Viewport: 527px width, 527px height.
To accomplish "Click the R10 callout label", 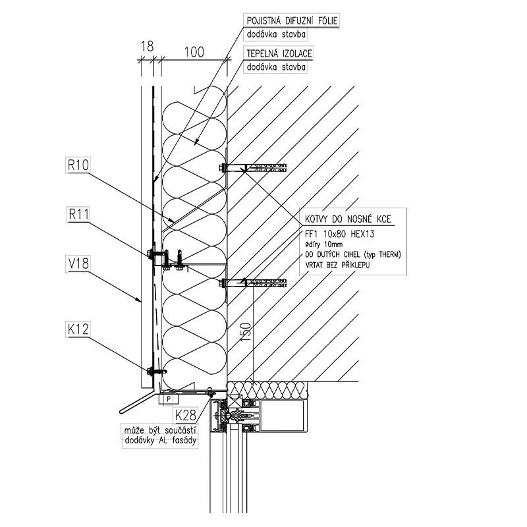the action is click(78, 165).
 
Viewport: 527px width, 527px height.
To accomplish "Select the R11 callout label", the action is click(78, 215).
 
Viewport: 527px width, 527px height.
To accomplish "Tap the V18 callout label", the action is click(78, 263).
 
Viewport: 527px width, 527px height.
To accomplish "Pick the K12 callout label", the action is click(78, 329).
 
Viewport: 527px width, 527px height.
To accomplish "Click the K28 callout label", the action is click(186, 416).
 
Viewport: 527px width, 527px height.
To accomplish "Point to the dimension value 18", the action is click(147, 46).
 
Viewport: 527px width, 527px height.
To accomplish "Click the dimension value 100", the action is click(194, 52).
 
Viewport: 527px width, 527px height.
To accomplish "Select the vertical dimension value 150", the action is click(246, 333).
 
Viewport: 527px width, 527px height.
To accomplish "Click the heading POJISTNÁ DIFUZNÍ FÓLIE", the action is click(292, 21).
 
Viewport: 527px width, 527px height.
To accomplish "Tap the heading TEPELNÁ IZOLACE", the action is click(279, 54).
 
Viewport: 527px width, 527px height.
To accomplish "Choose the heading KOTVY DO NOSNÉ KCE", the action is click(348, 219).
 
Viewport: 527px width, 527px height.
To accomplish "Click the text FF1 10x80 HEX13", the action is click(339, 234).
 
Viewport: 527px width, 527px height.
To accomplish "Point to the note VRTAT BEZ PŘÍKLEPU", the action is click(337, 265).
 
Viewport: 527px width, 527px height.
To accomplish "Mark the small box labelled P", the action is click(169, 399).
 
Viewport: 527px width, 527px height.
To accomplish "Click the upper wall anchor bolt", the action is click(254, 167).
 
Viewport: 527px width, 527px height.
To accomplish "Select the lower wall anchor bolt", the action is click(254, 283).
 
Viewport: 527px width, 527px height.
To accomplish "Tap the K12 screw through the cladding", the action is click(157, 371).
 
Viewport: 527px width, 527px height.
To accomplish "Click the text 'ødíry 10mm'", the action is click(323, 244).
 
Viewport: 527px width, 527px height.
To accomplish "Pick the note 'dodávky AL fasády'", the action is click(160, 440).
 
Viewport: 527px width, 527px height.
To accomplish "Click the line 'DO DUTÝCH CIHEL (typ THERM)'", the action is click(353, 254).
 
